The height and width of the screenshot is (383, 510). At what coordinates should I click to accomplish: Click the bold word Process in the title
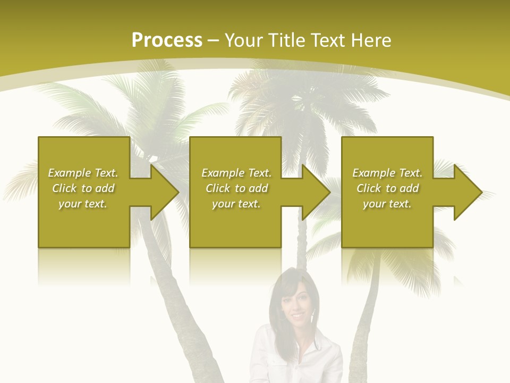pos(167,40)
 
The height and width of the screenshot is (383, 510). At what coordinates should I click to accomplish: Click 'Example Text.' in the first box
pos(83,173)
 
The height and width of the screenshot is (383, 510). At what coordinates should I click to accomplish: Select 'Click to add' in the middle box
pos(236,188)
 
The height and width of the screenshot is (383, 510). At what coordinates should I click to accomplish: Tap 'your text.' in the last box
pos(387,204)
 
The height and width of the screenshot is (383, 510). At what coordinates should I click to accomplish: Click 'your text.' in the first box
pos(83,204)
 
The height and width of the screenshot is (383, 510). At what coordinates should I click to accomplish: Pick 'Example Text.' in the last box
pos(387,173)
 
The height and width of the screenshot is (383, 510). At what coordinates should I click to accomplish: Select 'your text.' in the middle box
pos(236,204)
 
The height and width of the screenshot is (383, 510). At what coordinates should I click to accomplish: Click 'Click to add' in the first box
pos(83,188)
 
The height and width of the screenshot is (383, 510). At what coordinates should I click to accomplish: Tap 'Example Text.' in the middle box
pos(236,173)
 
